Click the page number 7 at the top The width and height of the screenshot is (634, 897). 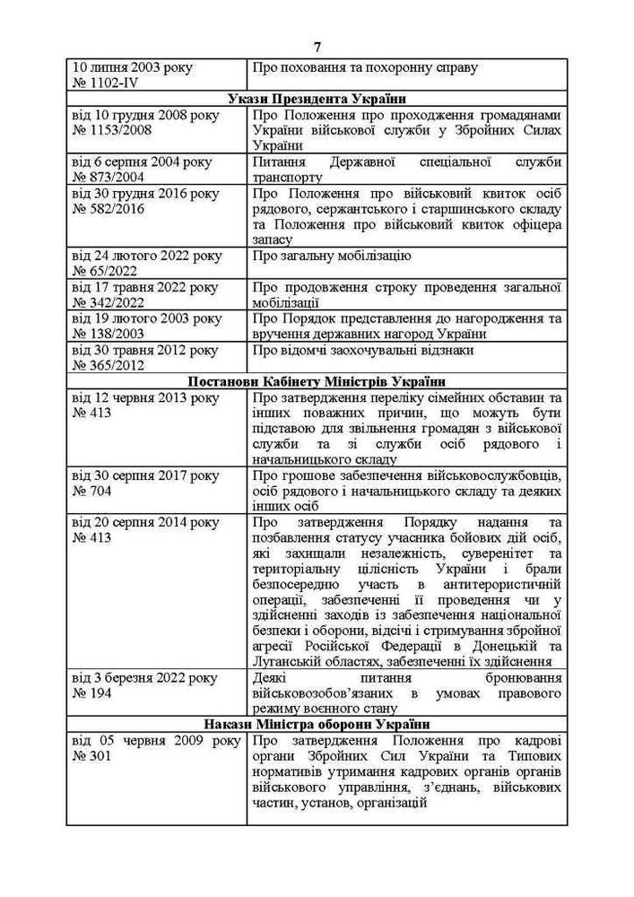317,47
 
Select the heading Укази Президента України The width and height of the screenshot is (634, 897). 317,99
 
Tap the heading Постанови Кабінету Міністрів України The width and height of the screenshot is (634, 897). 317,380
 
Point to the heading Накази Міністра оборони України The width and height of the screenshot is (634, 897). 317,724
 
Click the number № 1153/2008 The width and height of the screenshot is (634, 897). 111,130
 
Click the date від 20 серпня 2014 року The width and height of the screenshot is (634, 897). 144,522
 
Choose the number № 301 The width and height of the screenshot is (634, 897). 91,757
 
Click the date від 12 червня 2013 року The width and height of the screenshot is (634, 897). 144,396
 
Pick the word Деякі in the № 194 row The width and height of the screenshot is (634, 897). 271,678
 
